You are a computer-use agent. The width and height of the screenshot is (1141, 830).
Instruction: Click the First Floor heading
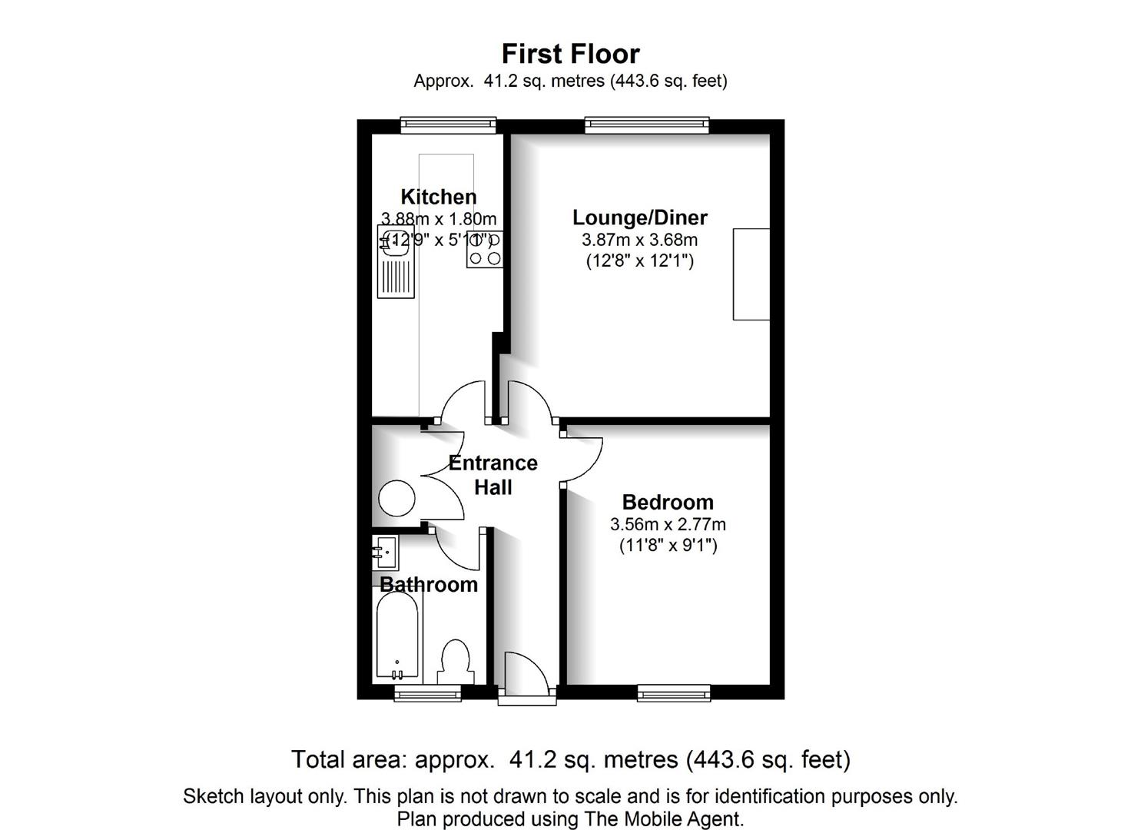[570, 54]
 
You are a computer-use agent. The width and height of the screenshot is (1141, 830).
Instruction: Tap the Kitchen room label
[439, 197]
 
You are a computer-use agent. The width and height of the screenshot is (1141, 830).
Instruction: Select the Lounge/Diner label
[640, 218]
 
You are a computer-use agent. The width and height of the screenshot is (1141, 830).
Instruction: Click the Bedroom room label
[668, 503]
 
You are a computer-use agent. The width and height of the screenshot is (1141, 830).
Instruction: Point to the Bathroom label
[429, 584]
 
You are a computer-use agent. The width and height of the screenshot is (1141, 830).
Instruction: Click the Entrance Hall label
[493, 476]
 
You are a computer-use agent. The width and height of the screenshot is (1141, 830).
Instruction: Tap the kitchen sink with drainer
[396, 261]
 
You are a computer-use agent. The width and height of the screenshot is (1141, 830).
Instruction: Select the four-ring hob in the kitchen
[484, 249]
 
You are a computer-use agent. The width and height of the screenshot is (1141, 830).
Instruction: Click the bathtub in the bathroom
[396, 636]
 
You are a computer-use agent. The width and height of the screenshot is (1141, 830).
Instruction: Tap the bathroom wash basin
[385, 553]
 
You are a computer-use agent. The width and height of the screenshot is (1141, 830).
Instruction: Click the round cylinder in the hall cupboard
[396, 498]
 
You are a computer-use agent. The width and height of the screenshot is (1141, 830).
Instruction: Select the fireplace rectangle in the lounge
[751, 274]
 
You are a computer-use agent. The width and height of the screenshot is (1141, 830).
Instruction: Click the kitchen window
[448, 125]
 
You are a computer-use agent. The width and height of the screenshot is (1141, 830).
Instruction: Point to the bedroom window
[674, 693]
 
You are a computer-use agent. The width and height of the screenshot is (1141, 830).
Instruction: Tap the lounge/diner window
[647, 125]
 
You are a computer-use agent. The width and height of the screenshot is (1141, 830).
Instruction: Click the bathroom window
[427, 693]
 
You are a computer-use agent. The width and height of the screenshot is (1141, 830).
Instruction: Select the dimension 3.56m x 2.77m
[668, 524]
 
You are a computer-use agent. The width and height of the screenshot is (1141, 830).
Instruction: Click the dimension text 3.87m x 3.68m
[640, 240]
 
